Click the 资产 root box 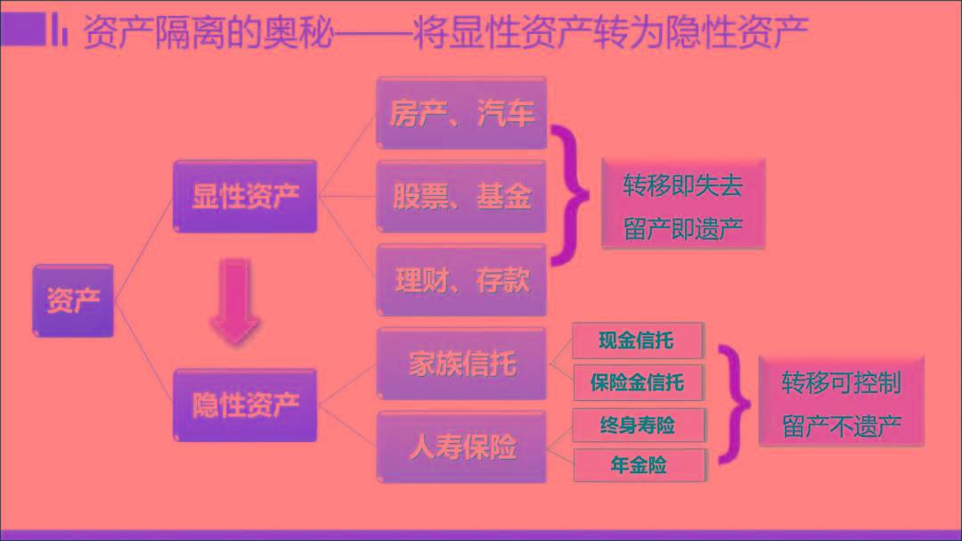73,300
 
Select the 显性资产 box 246,196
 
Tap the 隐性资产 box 246,406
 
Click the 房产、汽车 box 461,113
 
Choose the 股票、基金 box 461,196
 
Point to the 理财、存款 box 461,280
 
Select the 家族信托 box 461,364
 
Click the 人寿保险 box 461,447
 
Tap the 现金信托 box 638,340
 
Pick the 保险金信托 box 638,382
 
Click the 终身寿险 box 638,425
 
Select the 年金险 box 640,465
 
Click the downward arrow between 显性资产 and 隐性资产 235,301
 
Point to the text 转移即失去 683,185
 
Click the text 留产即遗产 683,229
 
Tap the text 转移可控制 841,382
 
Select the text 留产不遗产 841,426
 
